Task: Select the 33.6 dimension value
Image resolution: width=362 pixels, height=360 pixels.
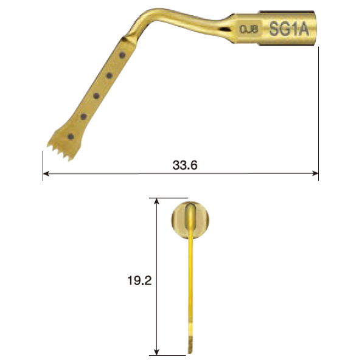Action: point(186,165)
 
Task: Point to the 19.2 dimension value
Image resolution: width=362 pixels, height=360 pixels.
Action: point(139,281)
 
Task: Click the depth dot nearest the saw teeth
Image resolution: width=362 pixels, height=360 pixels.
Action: point(71,136)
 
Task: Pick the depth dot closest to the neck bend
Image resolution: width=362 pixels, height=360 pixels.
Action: point(123,55)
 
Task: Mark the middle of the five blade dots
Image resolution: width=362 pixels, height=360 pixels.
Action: point(96,95)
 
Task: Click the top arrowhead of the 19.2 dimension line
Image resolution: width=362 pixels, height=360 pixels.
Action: point(158,200)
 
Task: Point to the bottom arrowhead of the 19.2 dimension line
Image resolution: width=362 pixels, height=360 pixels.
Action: point(158,352)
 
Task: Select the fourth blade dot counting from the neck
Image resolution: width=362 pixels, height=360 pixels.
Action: point(83,116)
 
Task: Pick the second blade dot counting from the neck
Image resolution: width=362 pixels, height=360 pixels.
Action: point(110,75)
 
